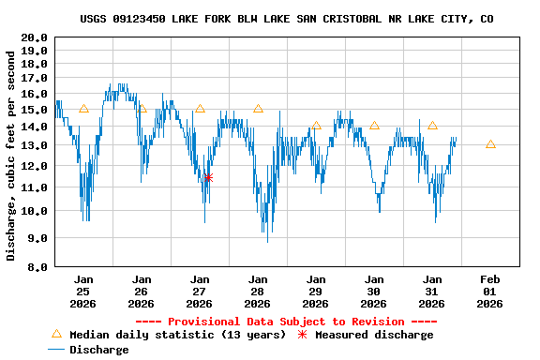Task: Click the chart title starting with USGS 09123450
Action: (x=287, y=19)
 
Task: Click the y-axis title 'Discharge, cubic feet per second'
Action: (x=11, y=156)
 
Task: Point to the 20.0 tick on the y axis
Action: (x=34, y=38)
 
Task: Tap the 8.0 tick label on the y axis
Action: (x=37, y=267)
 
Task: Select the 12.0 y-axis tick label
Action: (x=34, y=166)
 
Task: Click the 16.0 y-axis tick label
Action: (x=34, y=94)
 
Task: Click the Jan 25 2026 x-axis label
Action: (x=83, y=292)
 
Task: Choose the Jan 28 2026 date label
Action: (x=258, y=292)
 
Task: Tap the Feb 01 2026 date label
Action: (x=490, y=292)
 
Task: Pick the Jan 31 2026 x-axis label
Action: (x=432, y=292)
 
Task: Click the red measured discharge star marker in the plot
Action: (x=208, y=177)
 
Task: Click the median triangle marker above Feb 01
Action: (x=490, y=144)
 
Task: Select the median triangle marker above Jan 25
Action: (x=83, y=109)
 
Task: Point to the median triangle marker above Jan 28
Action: (x=258, y=109)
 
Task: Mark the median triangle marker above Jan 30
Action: (x=374, y=126)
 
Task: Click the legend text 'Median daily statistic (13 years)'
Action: (x=177, y=335)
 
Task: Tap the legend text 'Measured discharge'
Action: (x=374, y=335)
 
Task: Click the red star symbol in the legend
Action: (x=302, y=335)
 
